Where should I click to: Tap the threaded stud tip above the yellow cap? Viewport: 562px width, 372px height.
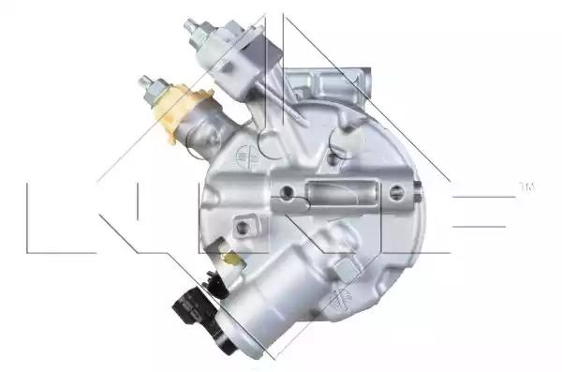[x=145, y=82]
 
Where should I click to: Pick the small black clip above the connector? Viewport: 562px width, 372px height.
[x=217, y=284]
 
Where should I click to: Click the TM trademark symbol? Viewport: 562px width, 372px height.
[x=526, y=186]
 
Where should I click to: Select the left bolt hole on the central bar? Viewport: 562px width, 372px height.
[x=286, y=193]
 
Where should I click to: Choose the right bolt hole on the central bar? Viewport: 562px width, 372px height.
[x=396, y=193]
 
